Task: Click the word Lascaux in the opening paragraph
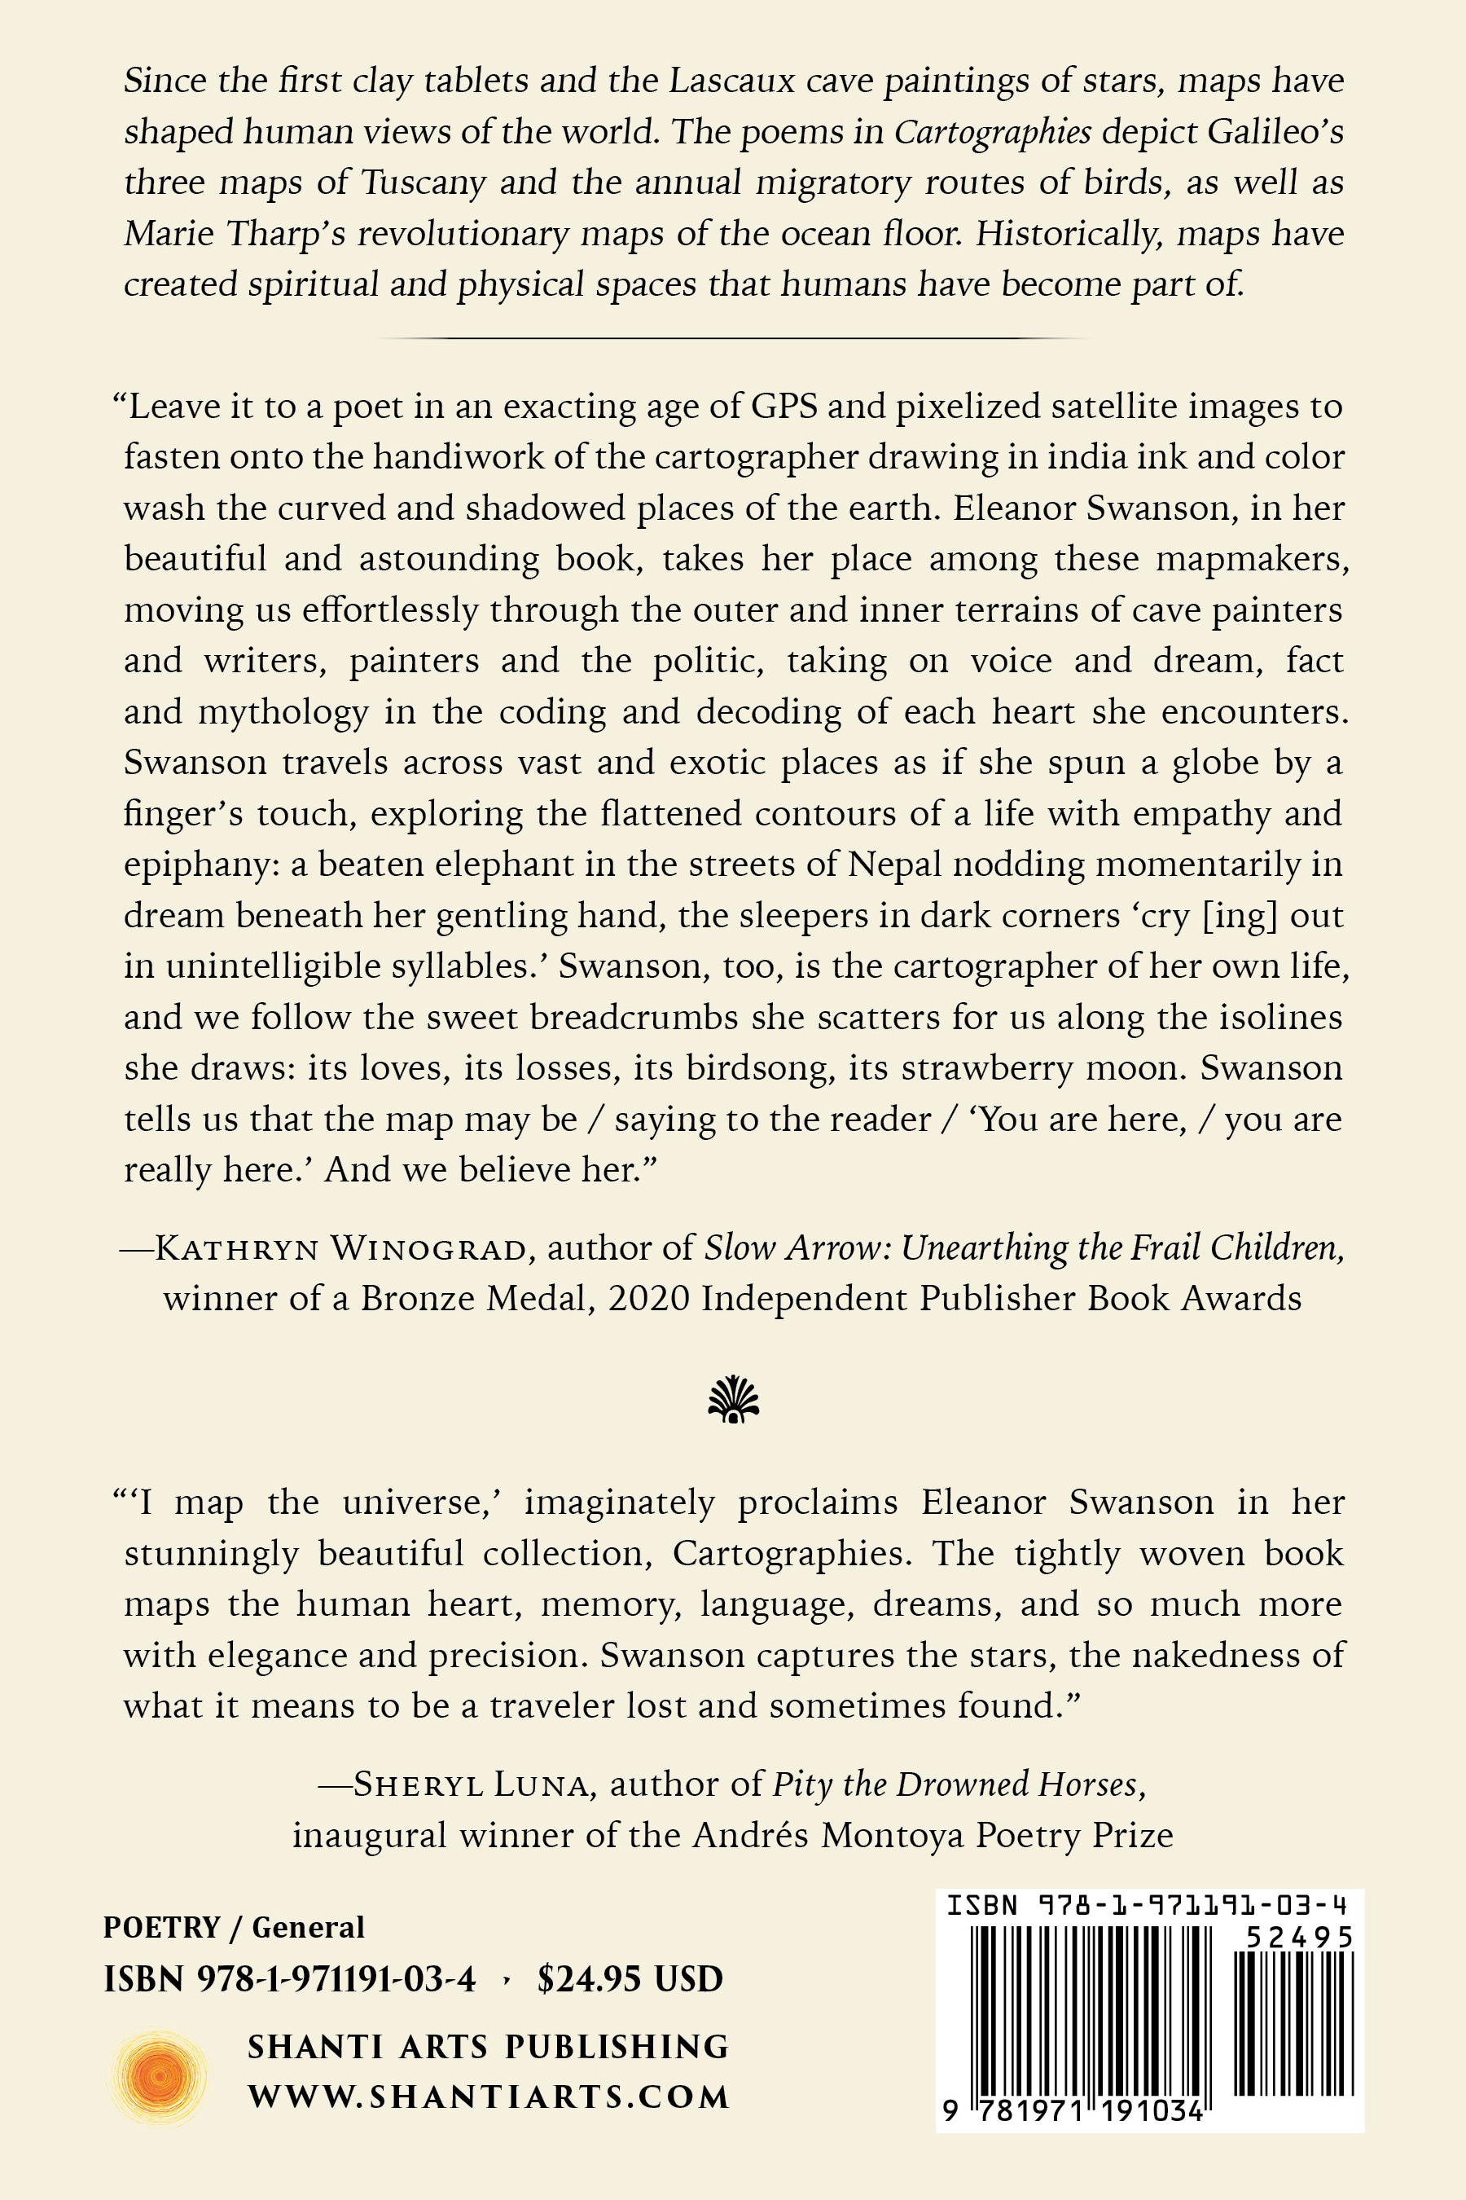tap(731, 81)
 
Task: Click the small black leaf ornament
tap(734, 1399)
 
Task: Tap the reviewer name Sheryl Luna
tap(473, 1784)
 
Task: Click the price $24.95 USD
tap(630, 1978)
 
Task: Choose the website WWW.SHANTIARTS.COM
tap(488, 2097)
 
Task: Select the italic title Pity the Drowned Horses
tap(955, 1784)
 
